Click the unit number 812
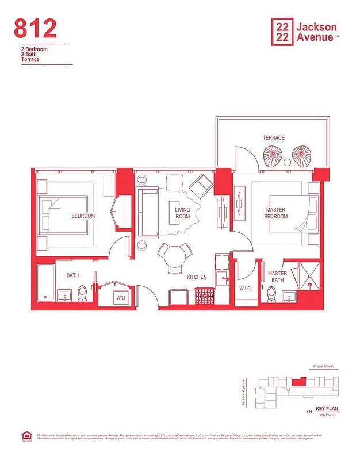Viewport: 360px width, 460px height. (36, 28)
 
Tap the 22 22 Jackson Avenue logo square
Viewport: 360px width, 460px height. (281, 31)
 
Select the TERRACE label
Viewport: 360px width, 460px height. (274, 138)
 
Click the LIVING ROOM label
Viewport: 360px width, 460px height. (182, 213)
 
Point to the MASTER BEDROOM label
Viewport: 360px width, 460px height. (276, 213)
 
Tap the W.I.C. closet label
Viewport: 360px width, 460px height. (246, 288)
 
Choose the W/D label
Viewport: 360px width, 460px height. (121, 298)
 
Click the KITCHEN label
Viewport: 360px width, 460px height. (197, 277)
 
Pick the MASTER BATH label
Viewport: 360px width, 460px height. (277, 277)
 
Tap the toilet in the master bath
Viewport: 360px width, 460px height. (272, 294)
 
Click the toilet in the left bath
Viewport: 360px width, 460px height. (82, 294)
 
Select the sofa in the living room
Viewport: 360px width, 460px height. (148, 213)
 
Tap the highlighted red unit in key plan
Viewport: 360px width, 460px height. (297, 381)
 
